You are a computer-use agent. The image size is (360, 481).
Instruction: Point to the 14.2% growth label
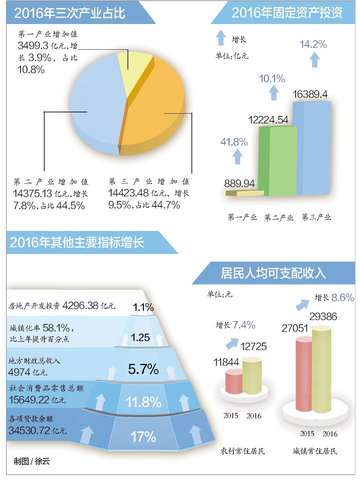click(313, 44)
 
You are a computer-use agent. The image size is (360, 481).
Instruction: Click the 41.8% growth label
click(234, 142)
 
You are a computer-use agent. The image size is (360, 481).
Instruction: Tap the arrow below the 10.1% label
click(273, 93)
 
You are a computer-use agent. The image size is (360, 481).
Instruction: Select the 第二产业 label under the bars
click(279, 218)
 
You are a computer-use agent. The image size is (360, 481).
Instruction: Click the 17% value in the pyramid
click(143, 436)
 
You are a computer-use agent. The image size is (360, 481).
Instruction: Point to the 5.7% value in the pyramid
click(143, 369)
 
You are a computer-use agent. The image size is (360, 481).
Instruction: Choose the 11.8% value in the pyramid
click(143, 402)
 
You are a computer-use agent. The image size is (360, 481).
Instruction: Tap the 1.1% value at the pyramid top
click(143, 307)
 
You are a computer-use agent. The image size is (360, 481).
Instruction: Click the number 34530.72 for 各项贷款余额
click(29, 430)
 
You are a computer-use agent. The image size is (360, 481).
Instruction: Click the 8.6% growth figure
click(343, 297)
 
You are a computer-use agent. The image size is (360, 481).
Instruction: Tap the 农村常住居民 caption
click(243, 451)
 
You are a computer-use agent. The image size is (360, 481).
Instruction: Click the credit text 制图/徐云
click(32, 461)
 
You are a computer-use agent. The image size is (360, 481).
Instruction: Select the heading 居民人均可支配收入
click(273, 273)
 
